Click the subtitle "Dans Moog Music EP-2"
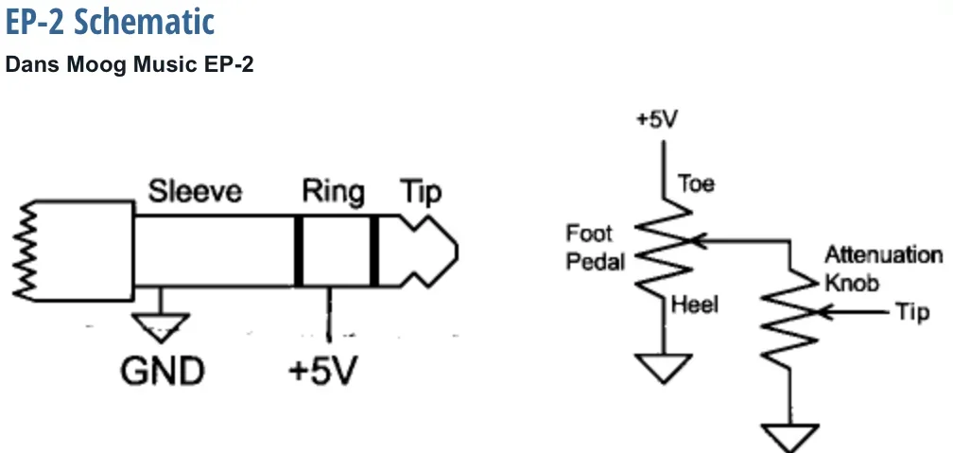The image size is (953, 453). [x=130, y=66]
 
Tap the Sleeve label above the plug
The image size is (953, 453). [x=195, y=192]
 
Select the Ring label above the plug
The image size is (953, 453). [x=333, y=192]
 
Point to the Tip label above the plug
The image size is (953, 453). [x=420, y=193]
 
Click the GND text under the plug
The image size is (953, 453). [x=162, y=371]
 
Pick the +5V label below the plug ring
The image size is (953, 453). [x=324, y=371]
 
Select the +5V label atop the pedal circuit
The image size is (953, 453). [x=657, y=120]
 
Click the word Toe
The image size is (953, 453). [x=697, y=184]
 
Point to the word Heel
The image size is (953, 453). [x=696, y=305]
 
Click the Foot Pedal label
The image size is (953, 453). [x=590, y=247]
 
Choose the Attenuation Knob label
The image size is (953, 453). [x=883, y=269]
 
